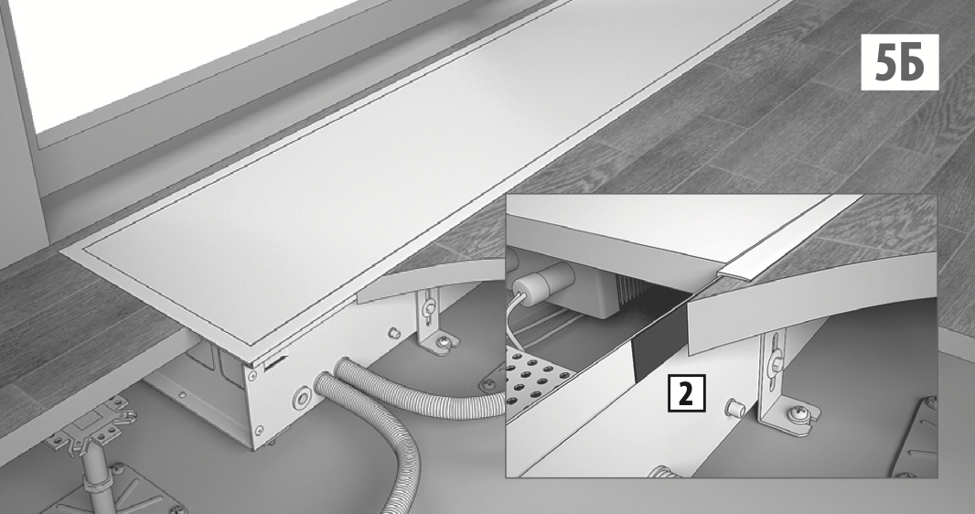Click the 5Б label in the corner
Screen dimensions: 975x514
click(x=899, y=62)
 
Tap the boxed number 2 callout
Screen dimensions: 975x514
click(x=686, y=392)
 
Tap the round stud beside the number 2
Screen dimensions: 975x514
click(x=735, y=408)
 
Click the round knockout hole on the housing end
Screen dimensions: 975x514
click(x=303, y=397)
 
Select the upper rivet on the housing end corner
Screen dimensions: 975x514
click(x=252, y=376)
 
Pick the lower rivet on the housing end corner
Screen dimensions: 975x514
click(x=257, y=429)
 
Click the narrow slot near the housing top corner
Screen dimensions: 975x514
click(x=275, y=362)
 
